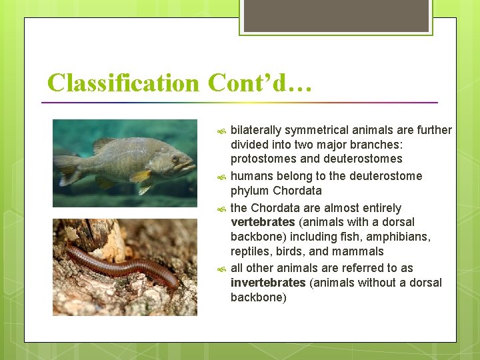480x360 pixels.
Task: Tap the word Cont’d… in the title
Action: (x=260, y=83)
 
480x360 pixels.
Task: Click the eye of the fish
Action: (x=175, y=159)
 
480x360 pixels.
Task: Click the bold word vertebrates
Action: (x=263, y=222)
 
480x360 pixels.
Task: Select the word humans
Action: (x=251, y=176)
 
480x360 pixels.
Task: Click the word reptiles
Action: (x=251, y=251)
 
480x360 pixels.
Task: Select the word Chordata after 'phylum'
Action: (x=294, y=191)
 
